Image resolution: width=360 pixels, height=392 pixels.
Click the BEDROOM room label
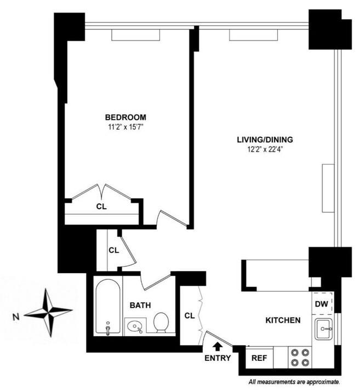126,117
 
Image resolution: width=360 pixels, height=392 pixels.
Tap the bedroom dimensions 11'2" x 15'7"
126,127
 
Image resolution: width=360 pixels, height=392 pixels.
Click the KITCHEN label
283,320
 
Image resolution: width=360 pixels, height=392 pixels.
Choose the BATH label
140,305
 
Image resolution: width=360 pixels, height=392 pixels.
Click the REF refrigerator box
259,359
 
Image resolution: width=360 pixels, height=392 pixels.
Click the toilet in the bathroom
161,322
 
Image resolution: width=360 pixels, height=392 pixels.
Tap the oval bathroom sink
134,327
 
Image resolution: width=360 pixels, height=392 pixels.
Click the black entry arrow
218,346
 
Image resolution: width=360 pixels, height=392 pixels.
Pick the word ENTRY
218,358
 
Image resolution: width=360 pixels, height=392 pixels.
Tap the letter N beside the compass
18,316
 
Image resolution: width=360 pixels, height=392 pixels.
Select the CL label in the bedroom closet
101,207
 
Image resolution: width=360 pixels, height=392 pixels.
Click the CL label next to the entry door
189,315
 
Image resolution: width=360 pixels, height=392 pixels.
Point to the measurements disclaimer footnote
294,382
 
